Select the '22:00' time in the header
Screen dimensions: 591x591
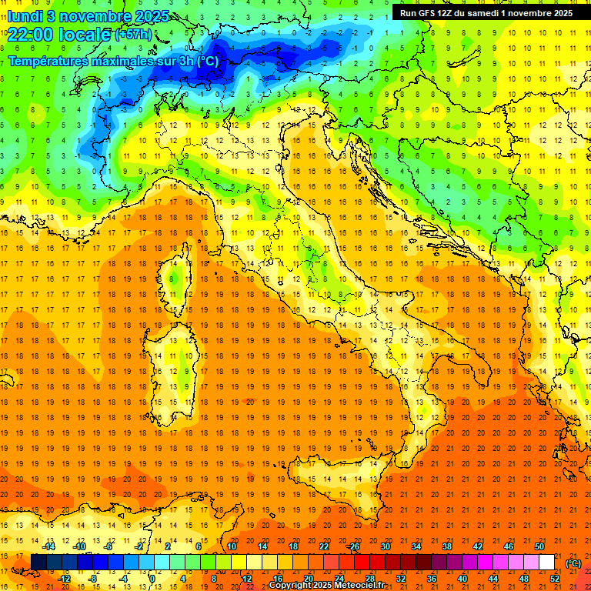[28, 33]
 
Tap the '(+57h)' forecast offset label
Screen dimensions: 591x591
[133, 35]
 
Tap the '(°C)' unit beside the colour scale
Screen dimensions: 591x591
[573, 563]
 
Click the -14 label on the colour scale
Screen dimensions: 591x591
[52, 546]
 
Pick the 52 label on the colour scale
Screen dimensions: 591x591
[554, 579]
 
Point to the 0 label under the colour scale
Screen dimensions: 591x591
[152, 579]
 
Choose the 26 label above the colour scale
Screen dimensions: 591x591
[354, 546]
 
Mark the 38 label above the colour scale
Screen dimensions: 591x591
[446, 546]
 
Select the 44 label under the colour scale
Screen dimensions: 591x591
[493, 579]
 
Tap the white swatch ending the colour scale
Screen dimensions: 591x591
[547, 563]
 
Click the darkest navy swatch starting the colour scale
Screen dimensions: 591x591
[38, 563]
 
